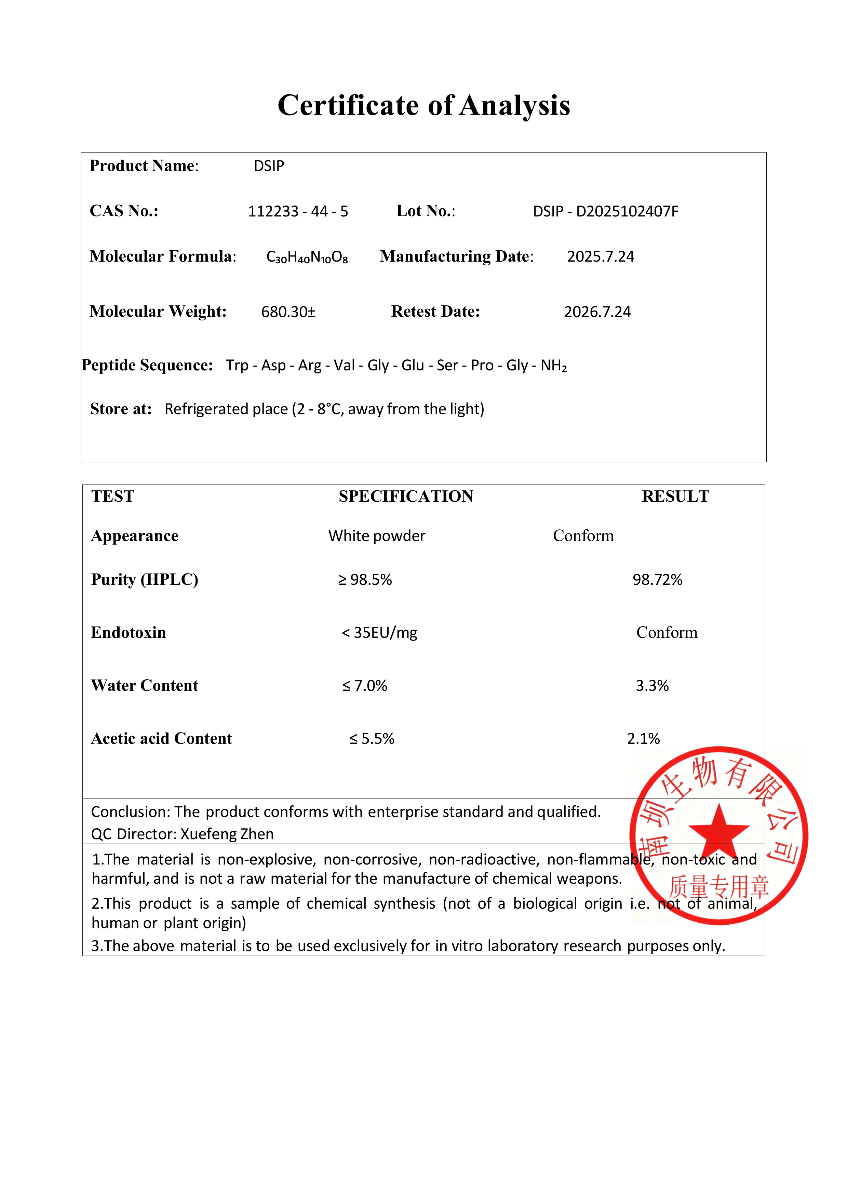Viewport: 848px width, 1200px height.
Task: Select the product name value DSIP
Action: pyautogui.click(x=269, y=166)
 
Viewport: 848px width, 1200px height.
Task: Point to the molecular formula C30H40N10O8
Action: pyautogui.click(x=307, y=256)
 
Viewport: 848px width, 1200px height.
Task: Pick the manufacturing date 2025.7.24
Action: pyautogui.click(x=600, y=256)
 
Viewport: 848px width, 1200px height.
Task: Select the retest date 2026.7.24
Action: pyautogui.click(x=597, y=312)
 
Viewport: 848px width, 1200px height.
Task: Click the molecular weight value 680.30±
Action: pyautogui.click(x=288, y=312)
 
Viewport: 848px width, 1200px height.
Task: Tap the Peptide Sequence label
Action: pyautogui.click(x=147, y=365)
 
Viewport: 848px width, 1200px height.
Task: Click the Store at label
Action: pyautogui.click(x=121, y=409)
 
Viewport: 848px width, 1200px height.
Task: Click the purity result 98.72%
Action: pyautogui.click(x=657, y=580)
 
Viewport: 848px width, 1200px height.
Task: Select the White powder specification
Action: pyautogui.click(x=377, y=536)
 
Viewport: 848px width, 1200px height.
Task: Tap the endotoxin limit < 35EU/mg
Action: pyautogui.click(x=379, y=633)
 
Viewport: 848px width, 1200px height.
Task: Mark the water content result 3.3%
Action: pyautogui.click(x=652, y=686)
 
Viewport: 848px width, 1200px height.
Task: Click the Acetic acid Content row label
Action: pyautogui.click(x=161, y=739)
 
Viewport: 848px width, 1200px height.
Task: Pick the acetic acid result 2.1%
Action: pyautogui.click(x=643, y=739)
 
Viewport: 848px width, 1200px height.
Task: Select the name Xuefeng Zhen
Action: pyautogui.click(x=227, y=834)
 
